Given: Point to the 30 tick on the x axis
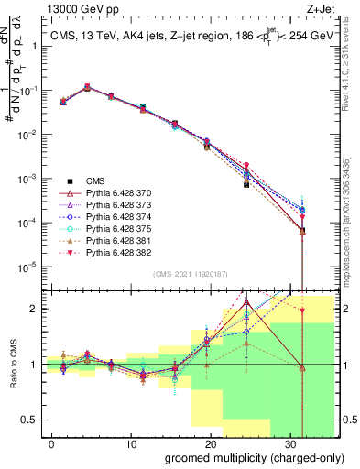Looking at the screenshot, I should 291,443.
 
